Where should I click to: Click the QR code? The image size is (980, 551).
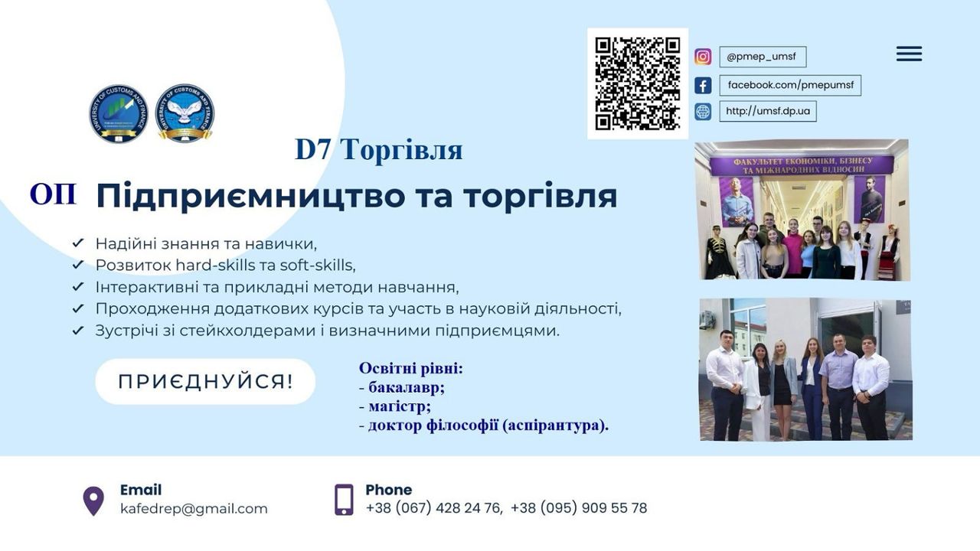(x=638, y=83)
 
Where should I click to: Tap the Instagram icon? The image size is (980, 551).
(x=703, y=57)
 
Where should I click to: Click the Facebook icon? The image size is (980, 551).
(x=703, y=85)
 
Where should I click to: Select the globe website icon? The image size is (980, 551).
(x=703, y=112)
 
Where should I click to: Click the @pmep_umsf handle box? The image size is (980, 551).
(x=763, y=57)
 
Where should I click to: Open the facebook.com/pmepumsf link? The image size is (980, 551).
(x=790, y=85)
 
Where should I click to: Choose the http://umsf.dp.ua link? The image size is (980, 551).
(x=768, y=111)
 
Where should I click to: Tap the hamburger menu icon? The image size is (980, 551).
(x=909, y=54)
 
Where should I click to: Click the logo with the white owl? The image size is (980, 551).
(x=185, y=113)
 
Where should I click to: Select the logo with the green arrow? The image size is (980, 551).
(x=119, y=113)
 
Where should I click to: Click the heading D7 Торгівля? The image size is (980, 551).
(x=379, y=149)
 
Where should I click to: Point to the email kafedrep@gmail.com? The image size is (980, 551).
(x=194, y=509)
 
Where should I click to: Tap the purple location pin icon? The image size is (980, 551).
(x=93, y=501)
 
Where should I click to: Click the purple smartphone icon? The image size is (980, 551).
(x=344, y=500)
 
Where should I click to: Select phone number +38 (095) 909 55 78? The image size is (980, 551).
(x=579, y=508)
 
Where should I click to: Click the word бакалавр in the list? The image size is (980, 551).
(x=407, y=387)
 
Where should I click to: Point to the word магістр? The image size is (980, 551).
(x=400, y=406)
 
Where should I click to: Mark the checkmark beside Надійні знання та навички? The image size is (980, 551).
(x=78, y=243)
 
